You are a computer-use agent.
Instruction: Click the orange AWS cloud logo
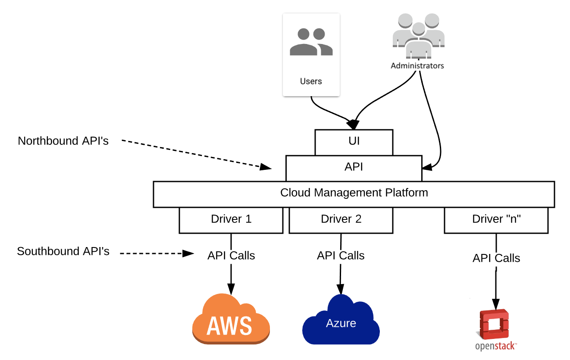pos(231,319)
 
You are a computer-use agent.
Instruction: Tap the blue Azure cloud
pos(341,320)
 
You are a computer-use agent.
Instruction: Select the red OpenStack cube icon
pos(494,324)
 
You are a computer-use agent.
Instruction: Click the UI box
pos(354,142)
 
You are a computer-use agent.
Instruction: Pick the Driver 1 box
pos(231,220)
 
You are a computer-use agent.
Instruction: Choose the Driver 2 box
pos(341,220)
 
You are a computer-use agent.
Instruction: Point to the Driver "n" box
pos(496,220)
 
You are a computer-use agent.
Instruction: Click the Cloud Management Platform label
pos(354,193)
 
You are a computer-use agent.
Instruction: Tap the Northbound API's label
pos(63,141)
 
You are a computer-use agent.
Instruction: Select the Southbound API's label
pos(63,251)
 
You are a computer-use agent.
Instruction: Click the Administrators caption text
pos(417,66)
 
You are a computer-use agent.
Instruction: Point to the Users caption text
pos(311,81)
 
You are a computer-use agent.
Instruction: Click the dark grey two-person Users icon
pos(311,42)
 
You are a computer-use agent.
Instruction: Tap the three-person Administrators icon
pos(418,36)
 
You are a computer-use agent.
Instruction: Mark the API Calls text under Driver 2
pos(341,255)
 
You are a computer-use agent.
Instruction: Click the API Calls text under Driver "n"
pos(496,258)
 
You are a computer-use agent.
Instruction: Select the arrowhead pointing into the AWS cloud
pos(231,289)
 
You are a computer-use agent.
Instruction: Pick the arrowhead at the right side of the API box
pos(427,167)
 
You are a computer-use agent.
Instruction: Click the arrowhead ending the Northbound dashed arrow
pos(266,167)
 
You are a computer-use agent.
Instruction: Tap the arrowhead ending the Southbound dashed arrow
pos(188,254)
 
